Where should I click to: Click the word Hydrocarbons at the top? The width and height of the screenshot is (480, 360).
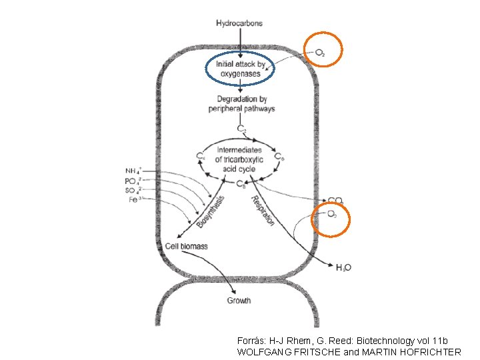[x=239, y=23]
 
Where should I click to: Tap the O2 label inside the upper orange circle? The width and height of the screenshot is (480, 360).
[x=321, y=53]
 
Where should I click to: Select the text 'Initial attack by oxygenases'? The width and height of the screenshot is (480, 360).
[x=241, y=69]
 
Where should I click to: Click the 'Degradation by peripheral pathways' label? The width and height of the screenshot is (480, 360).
[x=241, y=104]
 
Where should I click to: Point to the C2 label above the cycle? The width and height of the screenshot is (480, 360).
[x=241, y=128]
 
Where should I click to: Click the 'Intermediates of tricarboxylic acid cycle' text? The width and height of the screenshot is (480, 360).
[x=240, y=159]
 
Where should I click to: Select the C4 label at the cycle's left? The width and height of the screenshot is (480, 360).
[x=200, y=156]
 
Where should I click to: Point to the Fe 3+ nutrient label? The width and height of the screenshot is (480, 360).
[x=135, y=199]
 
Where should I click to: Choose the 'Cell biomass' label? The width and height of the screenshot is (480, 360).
[x=186, y=246]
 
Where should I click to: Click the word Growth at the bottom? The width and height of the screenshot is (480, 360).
[x=239, y=301]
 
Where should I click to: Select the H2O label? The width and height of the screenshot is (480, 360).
[x=343, y=267]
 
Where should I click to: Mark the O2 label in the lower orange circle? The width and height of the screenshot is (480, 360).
[x=332, y=214]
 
